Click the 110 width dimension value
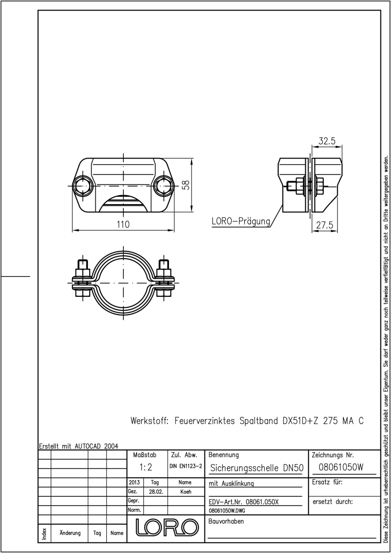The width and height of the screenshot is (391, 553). click(x=123, y=224)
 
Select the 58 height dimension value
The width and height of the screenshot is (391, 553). click(x=187, y=185)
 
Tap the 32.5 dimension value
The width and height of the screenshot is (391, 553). click(x=327, y=141)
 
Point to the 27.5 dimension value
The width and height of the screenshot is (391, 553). click(x=324, y=225)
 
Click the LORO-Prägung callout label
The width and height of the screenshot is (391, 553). click(x=241, y=222)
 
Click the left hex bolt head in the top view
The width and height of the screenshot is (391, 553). click(x=83, y=186)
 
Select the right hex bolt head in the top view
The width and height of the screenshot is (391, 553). click(x=164, y=186)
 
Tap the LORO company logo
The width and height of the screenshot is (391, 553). click(x=168, y=528)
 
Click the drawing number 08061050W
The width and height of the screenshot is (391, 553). click(x=341, y=467)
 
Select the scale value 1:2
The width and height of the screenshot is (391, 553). click(x=146, y=467)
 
